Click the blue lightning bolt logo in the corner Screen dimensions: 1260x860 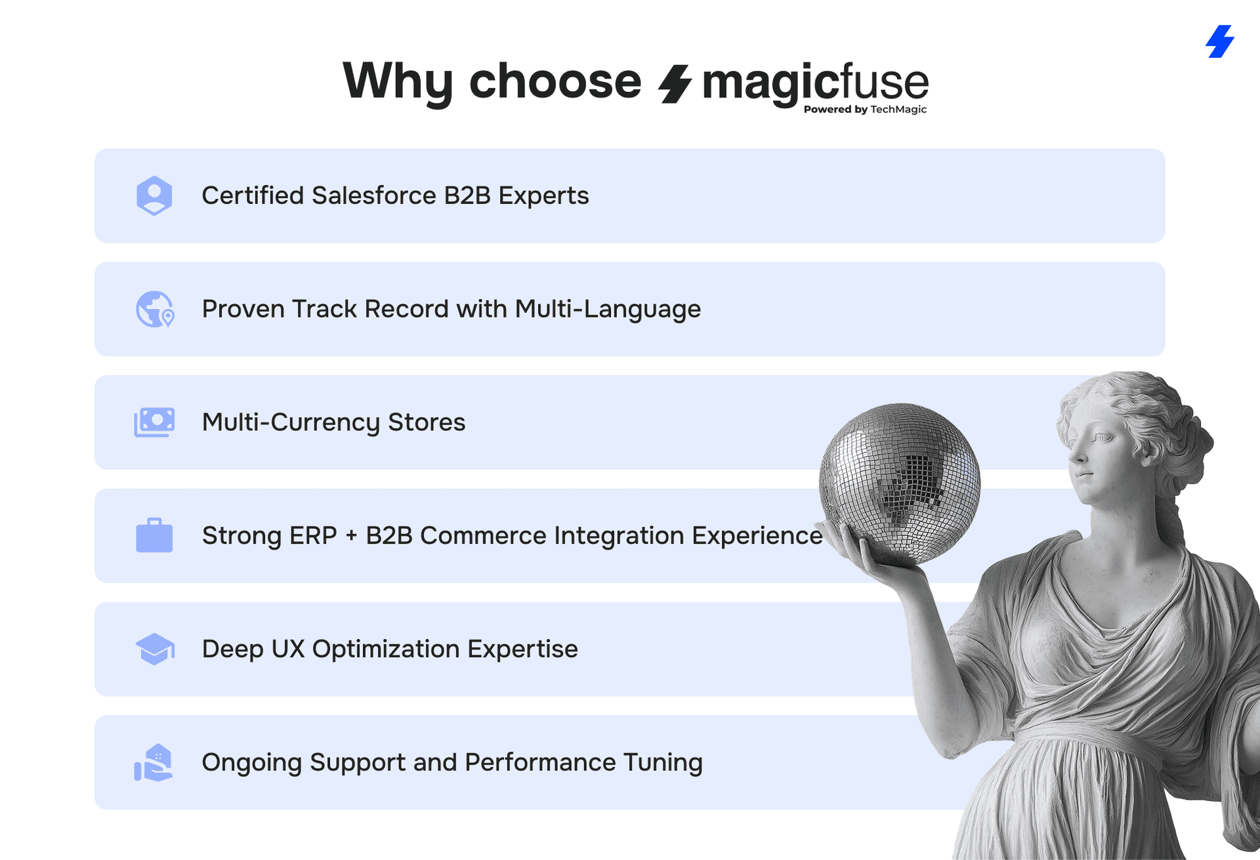[x=1220, y=41]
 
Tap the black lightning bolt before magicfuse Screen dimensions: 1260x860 [x=675, y=84]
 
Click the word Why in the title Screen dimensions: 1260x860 [x=398, y=81]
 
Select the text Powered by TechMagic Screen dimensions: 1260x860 [x=865, y=110]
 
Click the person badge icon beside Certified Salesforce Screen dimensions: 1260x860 [x=154, y=195]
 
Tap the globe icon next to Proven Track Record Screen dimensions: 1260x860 [x=155, y=309]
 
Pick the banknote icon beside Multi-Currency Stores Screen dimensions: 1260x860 [x=154, y=422]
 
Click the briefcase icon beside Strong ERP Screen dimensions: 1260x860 [x=154, y=535]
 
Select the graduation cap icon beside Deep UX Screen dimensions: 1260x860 [x=155, y=649]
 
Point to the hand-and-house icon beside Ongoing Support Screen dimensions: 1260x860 [x=154, y=762]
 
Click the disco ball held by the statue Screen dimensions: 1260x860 [x=900, y=483]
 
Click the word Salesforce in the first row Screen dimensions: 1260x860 [x=374, y=195]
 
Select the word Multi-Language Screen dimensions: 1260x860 [x=608, y=310]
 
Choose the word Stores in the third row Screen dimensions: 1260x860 [x=427, y=422]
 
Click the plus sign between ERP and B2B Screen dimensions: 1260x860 [x=352, y=536]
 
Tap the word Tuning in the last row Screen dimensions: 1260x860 [x=663, y=763]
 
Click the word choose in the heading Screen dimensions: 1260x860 [x=555, y=81]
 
